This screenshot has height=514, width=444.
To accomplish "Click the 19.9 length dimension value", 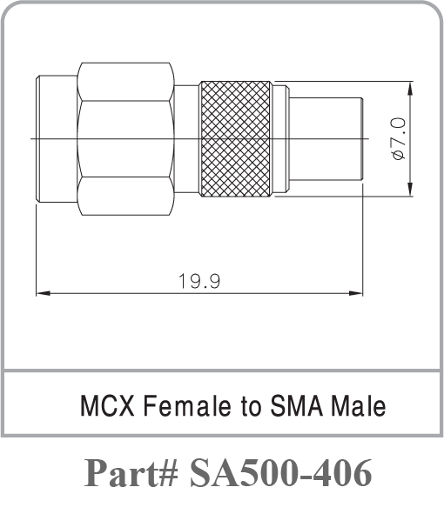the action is pos(199,281).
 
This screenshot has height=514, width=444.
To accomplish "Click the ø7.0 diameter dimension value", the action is pos(399,139).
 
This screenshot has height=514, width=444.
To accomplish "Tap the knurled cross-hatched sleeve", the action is pos(236,139).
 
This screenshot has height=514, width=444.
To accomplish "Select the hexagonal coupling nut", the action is pos(125,139).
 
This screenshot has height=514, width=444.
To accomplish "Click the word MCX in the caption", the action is pos(107,405).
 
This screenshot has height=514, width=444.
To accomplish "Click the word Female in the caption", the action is pos(187,405).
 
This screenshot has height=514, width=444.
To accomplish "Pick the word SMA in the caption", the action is pos(297,405).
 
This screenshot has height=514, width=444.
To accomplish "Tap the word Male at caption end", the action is pos(359,405).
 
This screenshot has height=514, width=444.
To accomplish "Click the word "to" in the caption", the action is pos(251,407).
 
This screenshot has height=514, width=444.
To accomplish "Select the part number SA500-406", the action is pos(281,473).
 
